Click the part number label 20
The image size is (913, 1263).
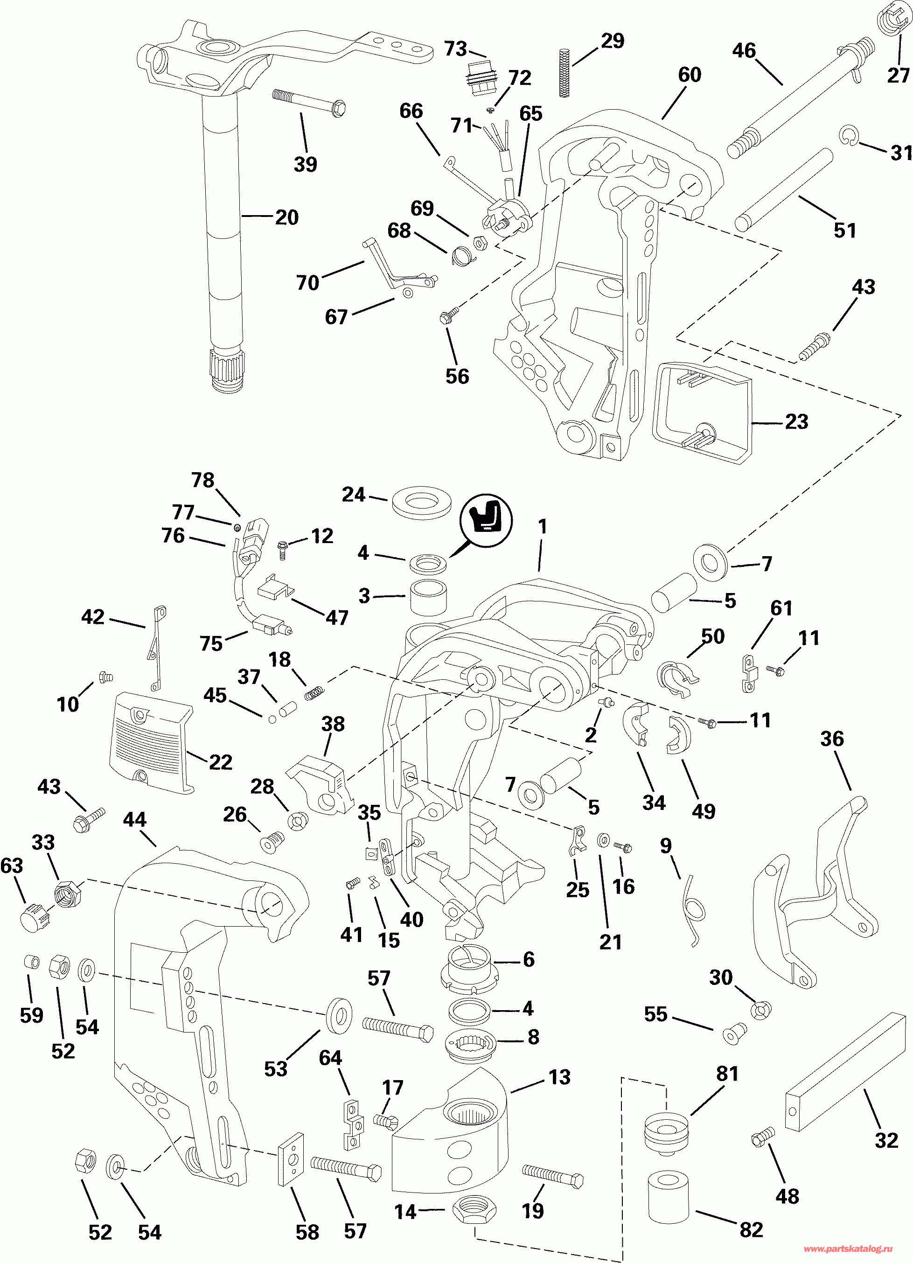coord(287,217)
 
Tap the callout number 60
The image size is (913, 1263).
coord(689,75)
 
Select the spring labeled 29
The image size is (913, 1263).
coord(564,73)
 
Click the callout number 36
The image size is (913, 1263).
coord(832,739)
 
